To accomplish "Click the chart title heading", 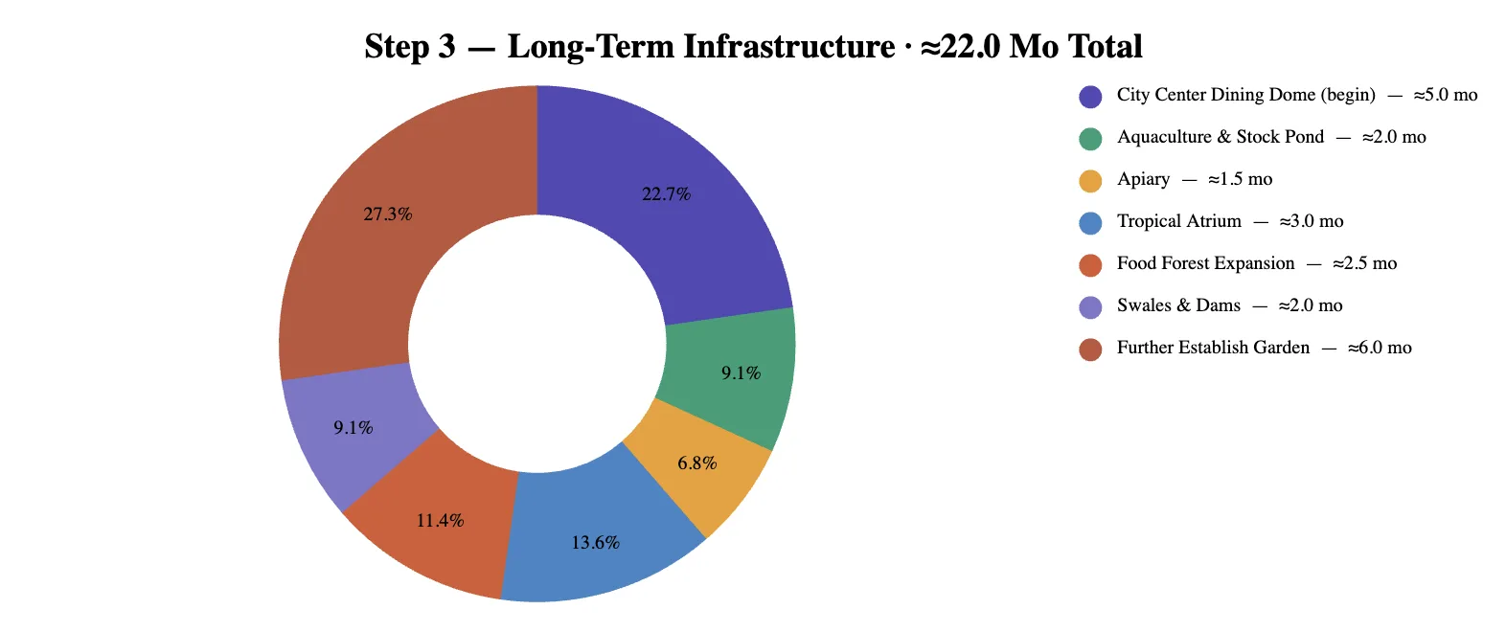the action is [x=753, y=46].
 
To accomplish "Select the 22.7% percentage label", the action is [x=666, y=194].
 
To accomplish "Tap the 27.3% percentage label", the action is [x=388, y=214].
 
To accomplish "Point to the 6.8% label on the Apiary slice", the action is [x=697, y=463].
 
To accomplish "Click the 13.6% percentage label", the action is [x=596, y=543].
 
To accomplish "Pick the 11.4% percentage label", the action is [x=441, y=520].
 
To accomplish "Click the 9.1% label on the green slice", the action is [x=741, y=373].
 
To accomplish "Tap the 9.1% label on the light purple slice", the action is [x=354, y=428].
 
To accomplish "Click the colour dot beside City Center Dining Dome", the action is [x=1090, y=97].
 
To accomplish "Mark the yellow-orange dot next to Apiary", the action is [x=1090, y=181].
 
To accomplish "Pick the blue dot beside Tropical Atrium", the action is [x=1090, y=223].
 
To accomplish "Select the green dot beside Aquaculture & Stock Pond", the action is [x=1090, y=139].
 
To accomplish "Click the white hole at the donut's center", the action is [x=537, y=344].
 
